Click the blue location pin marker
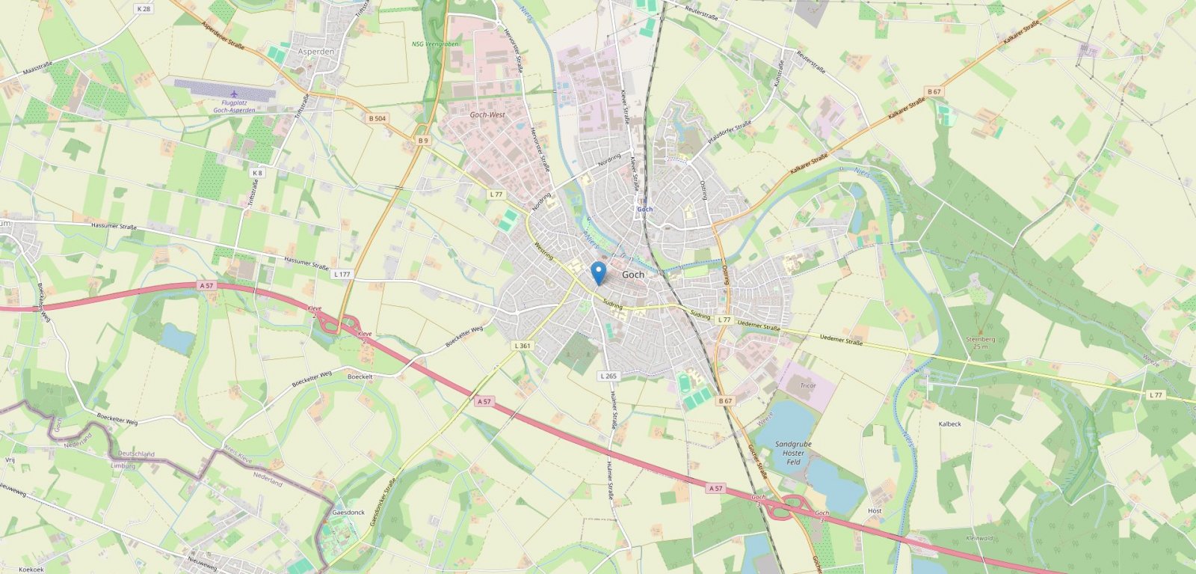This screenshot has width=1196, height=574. (x=598, y=271)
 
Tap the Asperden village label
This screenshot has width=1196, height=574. (x=316, y=52)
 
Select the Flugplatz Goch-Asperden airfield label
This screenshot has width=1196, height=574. (x=234, y=107)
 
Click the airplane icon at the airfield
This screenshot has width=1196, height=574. (x=235, y=94)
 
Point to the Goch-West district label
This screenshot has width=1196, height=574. (x=487, y=115)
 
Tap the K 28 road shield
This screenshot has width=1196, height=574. (x=144, y=8)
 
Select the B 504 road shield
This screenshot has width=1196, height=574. (x=377, y=119)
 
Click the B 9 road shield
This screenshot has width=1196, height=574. (x=423, y=141)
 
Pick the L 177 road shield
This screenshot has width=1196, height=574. (x=342, y=275)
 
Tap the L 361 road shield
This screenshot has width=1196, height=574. (x=523, y=346)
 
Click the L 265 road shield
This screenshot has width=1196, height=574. (x=608, y=376)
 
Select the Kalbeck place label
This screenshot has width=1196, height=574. (x=949, y=424)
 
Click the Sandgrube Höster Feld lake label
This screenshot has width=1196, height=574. (x=793, y=453)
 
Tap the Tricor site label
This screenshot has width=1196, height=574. (x=807, y=385)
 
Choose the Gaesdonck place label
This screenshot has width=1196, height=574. (x=348, y=513)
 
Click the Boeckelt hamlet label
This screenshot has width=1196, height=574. (x=360, y=376)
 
